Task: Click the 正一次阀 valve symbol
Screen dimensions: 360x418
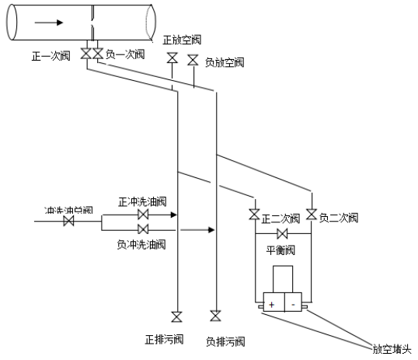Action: click(86, 54)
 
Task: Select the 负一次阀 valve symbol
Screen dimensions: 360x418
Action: click(98, 54)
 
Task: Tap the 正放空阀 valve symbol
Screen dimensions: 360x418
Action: click(172, 58)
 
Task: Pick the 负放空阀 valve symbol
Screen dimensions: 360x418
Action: click(193, 60)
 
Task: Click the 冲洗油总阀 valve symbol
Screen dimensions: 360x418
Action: click(68, 222)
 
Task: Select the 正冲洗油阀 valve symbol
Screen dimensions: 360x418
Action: click(143, 214)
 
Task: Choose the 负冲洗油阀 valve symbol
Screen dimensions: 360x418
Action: click(143, 229)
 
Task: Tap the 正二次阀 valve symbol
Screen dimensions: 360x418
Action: click(254, 214)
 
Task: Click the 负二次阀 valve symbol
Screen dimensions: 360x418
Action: click(311, 214)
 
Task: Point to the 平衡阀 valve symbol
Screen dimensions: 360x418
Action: click(283, 234)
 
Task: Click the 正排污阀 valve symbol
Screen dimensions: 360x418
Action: click(177, 316)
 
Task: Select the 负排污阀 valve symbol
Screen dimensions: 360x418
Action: click(215, 316)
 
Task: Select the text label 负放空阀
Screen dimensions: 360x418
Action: click(225, 62)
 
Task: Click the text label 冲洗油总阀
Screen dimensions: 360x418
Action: click(68, 210)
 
